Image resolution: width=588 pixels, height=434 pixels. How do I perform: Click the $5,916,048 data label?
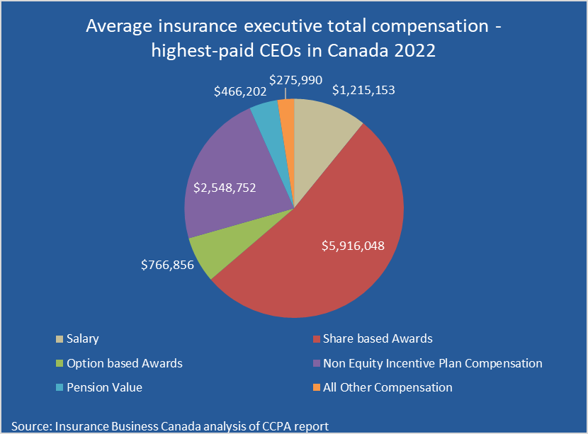354,246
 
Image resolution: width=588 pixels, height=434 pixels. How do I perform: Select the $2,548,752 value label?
225,188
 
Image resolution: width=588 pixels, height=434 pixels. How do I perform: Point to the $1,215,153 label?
363,90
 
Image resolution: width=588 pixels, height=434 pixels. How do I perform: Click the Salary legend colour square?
59,339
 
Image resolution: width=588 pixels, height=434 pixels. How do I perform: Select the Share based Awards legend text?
378,339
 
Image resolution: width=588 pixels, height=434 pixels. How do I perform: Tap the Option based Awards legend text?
125,363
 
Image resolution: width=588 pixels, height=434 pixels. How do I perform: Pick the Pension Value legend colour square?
59,388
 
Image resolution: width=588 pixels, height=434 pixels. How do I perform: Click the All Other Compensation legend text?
388,387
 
